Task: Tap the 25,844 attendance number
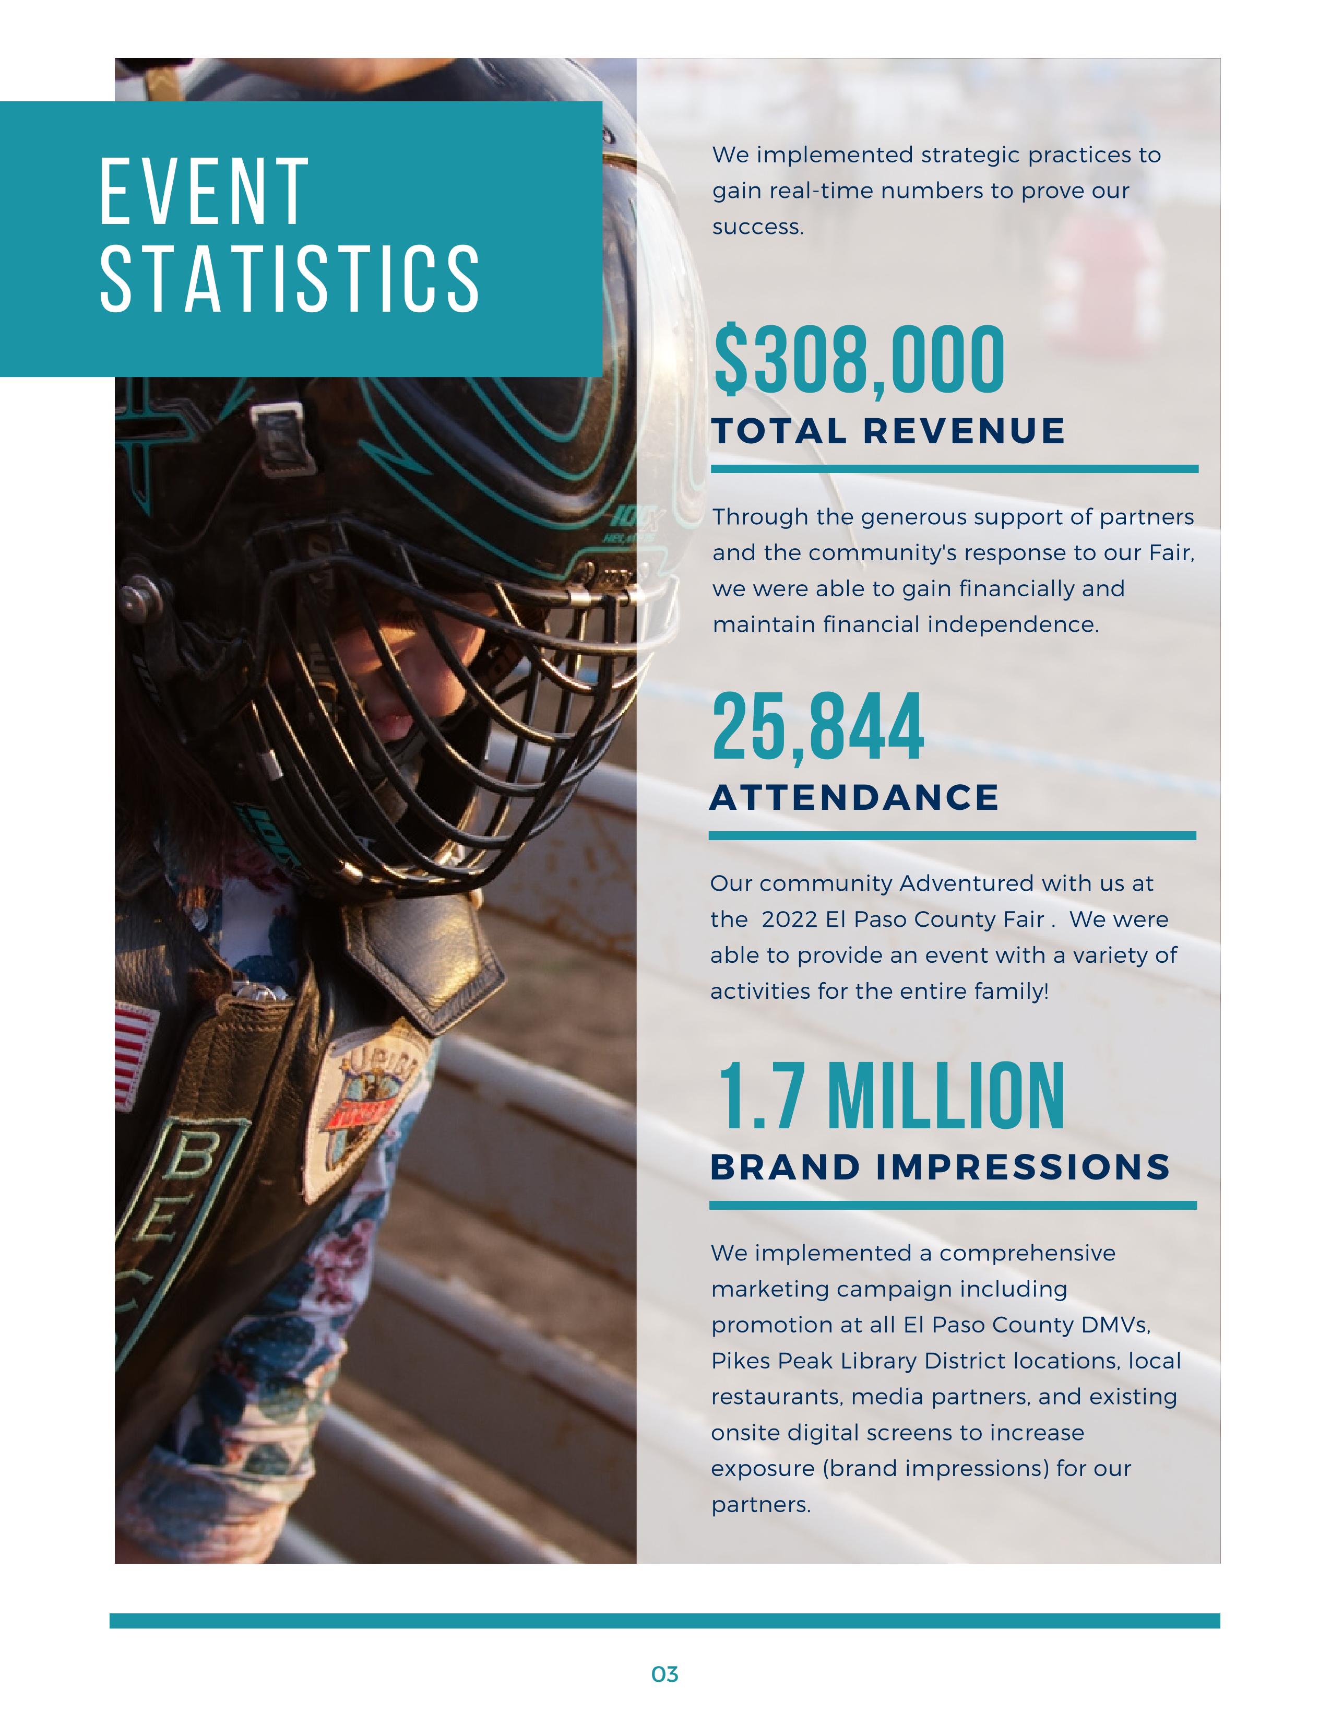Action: [818, 727]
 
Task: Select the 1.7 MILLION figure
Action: [891, 1096]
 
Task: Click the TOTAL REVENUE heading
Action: [888, 432]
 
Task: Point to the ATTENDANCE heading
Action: [854, 798]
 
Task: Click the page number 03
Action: [664, 1674]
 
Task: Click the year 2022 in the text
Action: [789, 920]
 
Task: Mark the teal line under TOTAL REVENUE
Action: [954, 469]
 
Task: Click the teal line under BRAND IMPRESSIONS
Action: [953, 1206]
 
